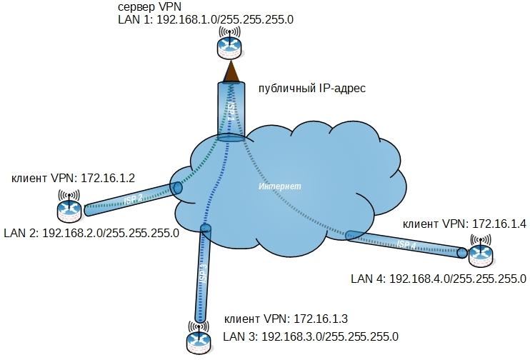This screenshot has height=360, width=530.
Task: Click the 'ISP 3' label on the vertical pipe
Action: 203,275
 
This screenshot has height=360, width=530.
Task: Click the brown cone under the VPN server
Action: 230,72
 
